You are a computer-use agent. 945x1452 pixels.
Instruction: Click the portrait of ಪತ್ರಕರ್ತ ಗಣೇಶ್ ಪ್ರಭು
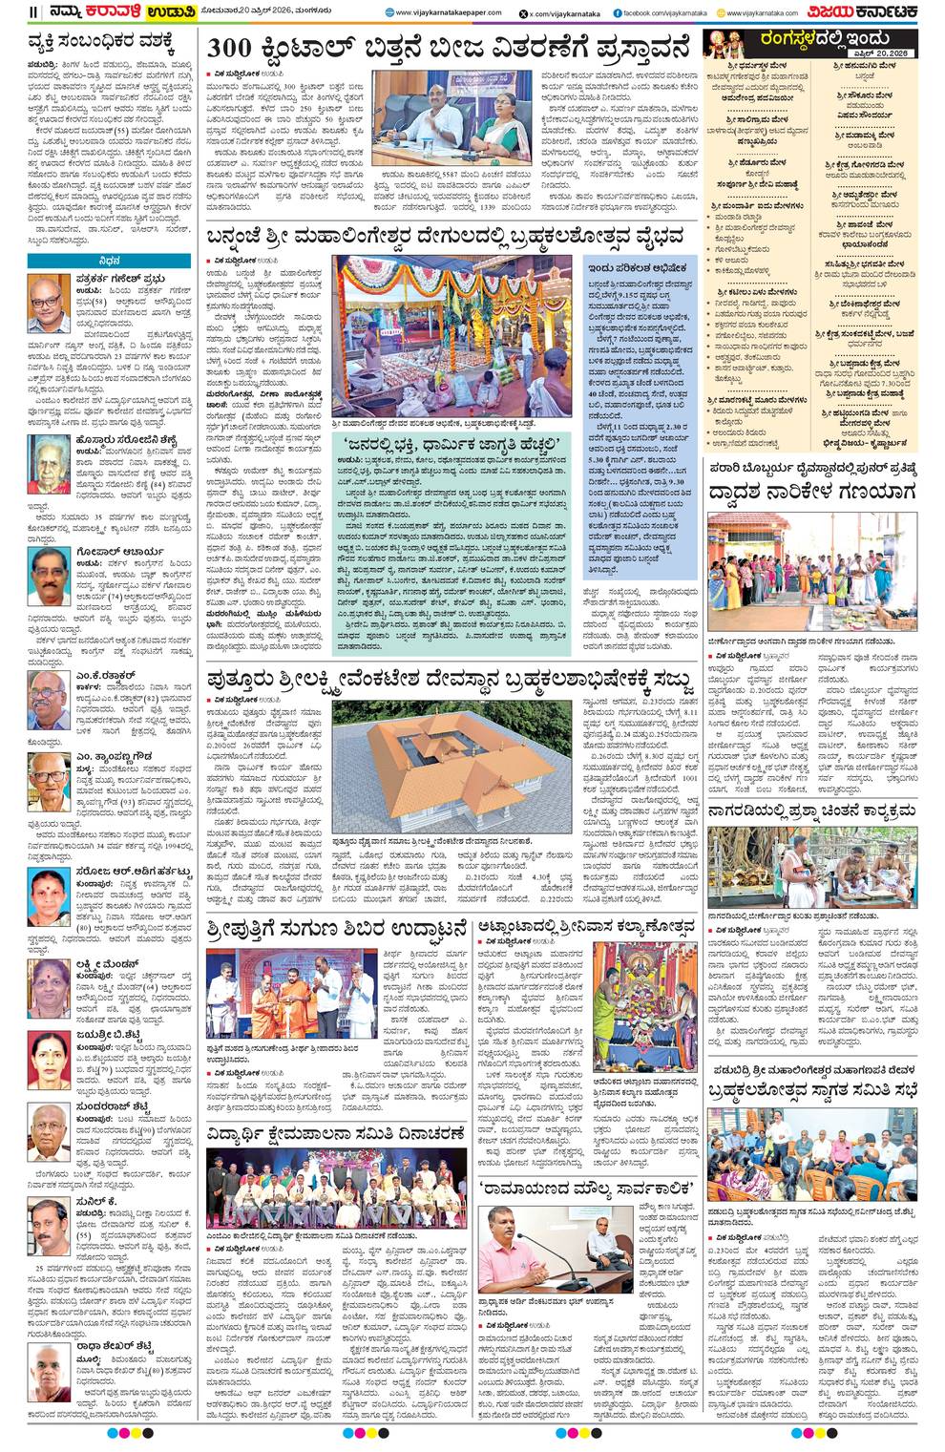(x=49, y=303)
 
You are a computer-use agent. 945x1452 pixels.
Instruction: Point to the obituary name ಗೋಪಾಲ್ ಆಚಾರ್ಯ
(x=116, y=552)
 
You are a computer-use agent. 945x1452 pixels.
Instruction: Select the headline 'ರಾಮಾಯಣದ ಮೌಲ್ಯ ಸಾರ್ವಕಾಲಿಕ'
(x=589, y=1189)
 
